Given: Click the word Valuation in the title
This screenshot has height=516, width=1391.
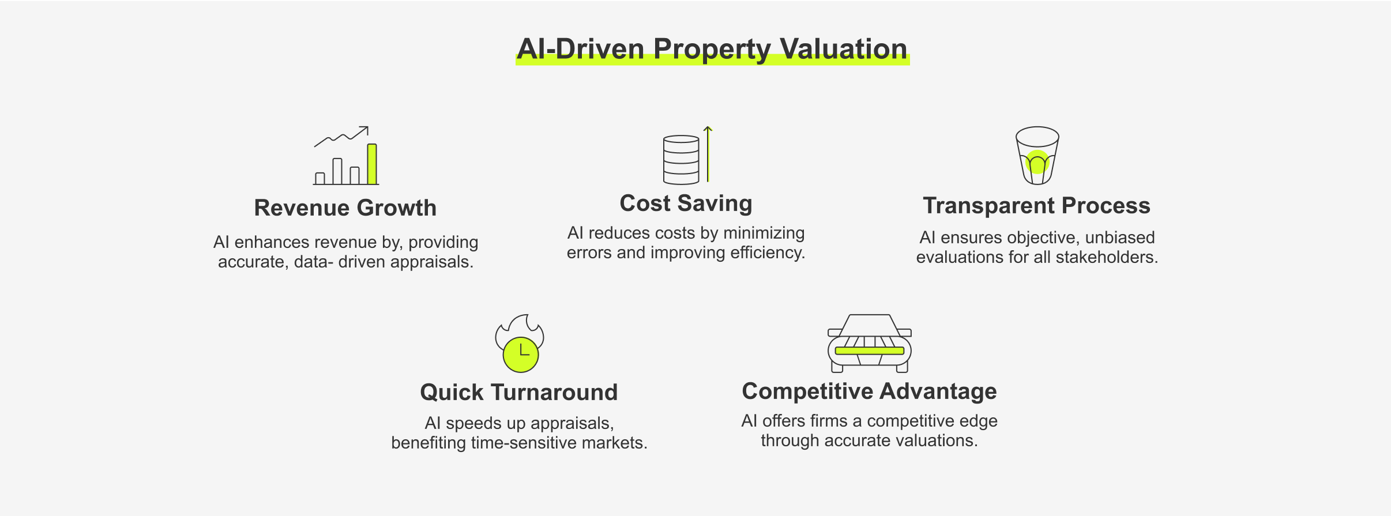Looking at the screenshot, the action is [844, 49].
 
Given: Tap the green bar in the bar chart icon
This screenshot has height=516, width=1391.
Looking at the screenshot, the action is [372, 164].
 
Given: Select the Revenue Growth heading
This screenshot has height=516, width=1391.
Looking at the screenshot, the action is [345, 208].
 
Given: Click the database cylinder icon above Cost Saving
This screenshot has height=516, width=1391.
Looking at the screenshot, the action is [681, 160].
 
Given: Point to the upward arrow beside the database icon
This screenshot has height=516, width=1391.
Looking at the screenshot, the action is [708, 154].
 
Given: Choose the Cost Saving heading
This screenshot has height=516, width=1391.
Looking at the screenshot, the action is [686, 204].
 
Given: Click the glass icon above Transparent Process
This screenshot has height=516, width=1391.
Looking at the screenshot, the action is [1037, 156].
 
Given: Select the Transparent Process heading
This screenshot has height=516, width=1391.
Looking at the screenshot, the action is [1036, 206].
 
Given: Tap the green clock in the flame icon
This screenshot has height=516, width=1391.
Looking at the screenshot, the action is [521, 355].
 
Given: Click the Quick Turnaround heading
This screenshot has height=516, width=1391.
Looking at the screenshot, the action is [519, 393].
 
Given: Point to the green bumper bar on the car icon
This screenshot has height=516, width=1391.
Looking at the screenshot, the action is [870, 351].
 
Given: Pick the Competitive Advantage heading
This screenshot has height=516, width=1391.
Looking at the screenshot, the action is [869, 391].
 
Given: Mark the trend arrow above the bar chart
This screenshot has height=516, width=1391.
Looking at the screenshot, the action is [341, 137].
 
